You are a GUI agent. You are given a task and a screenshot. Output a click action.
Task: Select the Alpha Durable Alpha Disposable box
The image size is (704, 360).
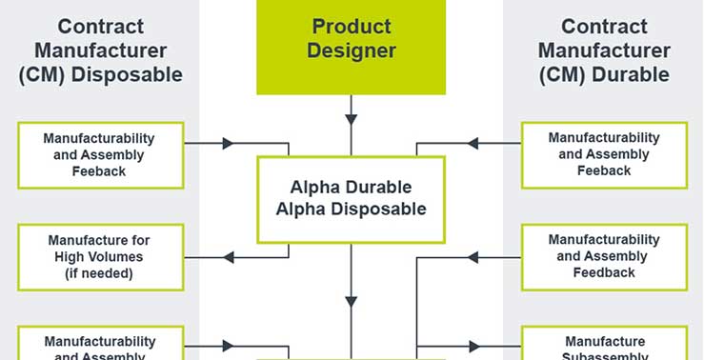tap(351, 198)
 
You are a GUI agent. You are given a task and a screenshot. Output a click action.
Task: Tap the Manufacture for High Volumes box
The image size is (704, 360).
tap(100, 257)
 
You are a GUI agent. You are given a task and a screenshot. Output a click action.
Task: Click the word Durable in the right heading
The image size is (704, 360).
tap(638, 74)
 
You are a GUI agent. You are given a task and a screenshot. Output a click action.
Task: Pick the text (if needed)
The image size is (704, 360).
tap(100, 272)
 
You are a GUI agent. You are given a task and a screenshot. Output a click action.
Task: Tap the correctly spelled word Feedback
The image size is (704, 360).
tap(604, 272)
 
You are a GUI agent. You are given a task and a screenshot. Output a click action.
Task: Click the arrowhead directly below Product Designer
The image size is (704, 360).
tap(351, 120)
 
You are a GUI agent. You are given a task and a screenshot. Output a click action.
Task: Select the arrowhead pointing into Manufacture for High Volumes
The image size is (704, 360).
tap(229, 257)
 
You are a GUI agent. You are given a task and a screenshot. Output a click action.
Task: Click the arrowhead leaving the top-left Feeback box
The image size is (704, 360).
tap(228, 144)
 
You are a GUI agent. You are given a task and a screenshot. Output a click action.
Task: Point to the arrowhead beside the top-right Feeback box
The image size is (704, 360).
tap(474, 144)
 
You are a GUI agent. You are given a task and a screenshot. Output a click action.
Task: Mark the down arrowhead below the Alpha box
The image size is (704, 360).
tap(351, 301)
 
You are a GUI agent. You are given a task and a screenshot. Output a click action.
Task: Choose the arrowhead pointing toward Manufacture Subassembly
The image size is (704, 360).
tap(474, 347)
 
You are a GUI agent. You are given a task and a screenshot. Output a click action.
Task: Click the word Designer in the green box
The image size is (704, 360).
tap(351, 50)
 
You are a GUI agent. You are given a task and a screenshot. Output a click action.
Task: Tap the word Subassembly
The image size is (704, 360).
tap(604, 356)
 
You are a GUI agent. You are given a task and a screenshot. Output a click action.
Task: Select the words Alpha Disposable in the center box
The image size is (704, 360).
tap(351, 209)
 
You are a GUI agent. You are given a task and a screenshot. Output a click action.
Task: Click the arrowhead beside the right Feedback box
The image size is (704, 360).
tap(474, 257)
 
